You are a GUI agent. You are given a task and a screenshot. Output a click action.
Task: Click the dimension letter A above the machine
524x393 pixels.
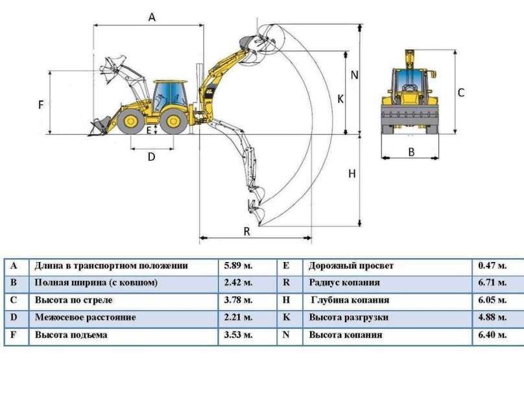152,18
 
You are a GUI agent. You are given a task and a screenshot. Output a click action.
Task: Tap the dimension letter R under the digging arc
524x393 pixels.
247,232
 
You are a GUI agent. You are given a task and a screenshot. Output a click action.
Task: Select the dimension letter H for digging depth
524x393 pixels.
352,174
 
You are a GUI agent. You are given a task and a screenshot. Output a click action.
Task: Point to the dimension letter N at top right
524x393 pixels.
354,75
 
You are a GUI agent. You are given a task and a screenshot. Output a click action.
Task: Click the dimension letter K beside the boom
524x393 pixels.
340,99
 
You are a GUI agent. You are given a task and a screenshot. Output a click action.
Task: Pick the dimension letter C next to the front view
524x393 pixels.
461,93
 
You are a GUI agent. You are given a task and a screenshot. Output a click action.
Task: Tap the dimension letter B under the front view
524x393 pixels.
411,152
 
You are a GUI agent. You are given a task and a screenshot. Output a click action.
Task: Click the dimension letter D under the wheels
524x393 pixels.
151,156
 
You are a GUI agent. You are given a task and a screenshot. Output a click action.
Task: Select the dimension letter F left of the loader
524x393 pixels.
41,104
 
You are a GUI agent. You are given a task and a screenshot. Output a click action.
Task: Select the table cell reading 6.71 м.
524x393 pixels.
492,283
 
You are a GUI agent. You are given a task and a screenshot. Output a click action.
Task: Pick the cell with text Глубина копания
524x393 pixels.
350,300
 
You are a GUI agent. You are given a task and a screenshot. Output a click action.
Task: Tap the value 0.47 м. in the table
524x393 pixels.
492,266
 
